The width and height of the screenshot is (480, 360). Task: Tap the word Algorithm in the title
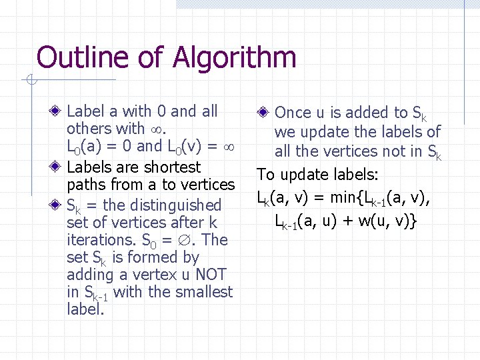pos(233,59)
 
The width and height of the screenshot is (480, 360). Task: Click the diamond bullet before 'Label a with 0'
pos(58,111)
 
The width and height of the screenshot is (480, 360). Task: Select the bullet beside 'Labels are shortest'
pos(58,167)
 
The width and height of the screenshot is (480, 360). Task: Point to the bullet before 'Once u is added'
pos(265,113)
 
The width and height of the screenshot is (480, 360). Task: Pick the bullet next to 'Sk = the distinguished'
pos(58,205)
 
